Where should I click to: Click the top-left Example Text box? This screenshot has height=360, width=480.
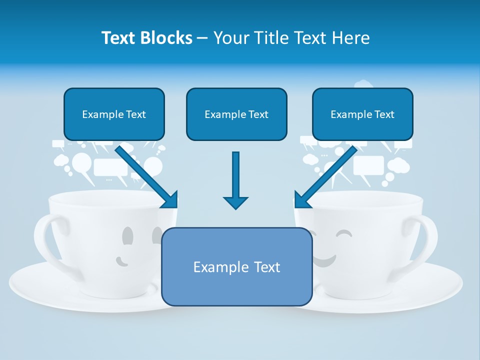coord(114,114)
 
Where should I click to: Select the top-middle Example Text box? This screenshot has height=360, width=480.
coord(236,114)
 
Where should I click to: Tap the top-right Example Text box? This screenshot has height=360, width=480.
coord(362,114)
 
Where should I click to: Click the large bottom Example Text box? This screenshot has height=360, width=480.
coord(236,267)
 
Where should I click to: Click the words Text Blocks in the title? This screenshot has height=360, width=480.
coord(146,38)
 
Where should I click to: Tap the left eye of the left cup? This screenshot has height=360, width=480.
coord(128,234)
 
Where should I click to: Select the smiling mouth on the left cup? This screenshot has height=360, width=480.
coord(121,260)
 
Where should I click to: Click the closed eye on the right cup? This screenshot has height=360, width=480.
coord(343,233)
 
